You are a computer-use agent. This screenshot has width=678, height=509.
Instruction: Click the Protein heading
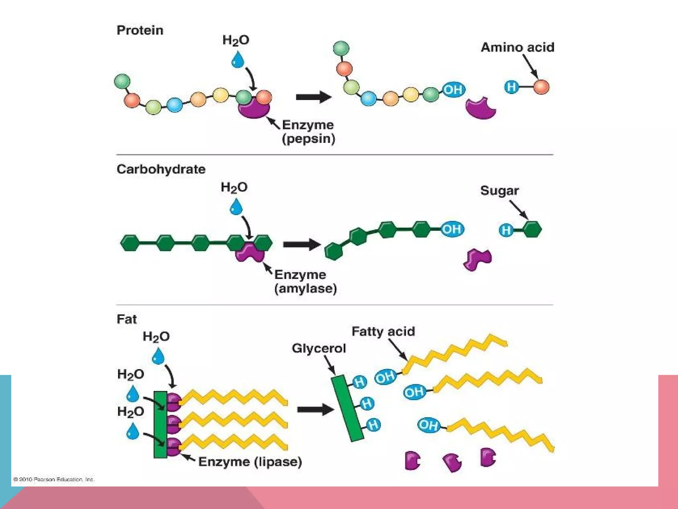tap(140, 30)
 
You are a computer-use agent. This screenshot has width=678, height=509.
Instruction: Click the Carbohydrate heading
tap(161, 169)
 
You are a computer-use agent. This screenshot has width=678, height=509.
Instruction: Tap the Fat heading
tap(126, 319)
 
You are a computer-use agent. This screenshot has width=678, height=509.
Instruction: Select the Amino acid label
tap(517, 47)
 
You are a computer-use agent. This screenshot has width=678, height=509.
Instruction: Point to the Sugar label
tap(499, 191)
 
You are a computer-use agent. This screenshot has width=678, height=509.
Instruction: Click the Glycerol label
tap(318, 348)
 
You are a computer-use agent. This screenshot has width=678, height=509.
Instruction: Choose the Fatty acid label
tap(383, 331)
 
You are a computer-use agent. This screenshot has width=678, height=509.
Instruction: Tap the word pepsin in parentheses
tap(309, 139)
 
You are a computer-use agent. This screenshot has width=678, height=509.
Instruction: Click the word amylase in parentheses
tap(306, 288)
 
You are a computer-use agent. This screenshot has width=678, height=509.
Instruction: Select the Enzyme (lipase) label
tap(250, 462)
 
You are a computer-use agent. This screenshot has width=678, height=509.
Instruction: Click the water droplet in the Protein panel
tap(237, 60)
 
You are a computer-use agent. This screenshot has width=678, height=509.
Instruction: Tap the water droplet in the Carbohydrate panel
tap(236, 207)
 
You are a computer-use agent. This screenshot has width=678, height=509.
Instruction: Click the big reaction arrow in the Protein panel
tap(313, 97)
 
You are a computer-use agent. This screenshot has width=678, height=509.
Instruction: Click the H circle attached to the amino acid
tap(511, 87)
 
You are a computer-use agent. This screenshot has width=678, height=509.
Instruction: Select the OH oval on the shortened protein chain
tap(454, 89)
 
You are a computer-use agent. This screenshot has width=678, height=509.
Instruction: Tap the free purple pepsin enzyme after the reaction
tap(480, 108)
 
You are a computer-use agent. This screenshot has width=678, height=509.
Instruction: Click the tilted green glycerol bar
tap(348, 408)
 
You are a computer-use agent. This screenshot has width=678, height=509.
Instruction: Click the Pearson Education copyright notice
tap(54, 479)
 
